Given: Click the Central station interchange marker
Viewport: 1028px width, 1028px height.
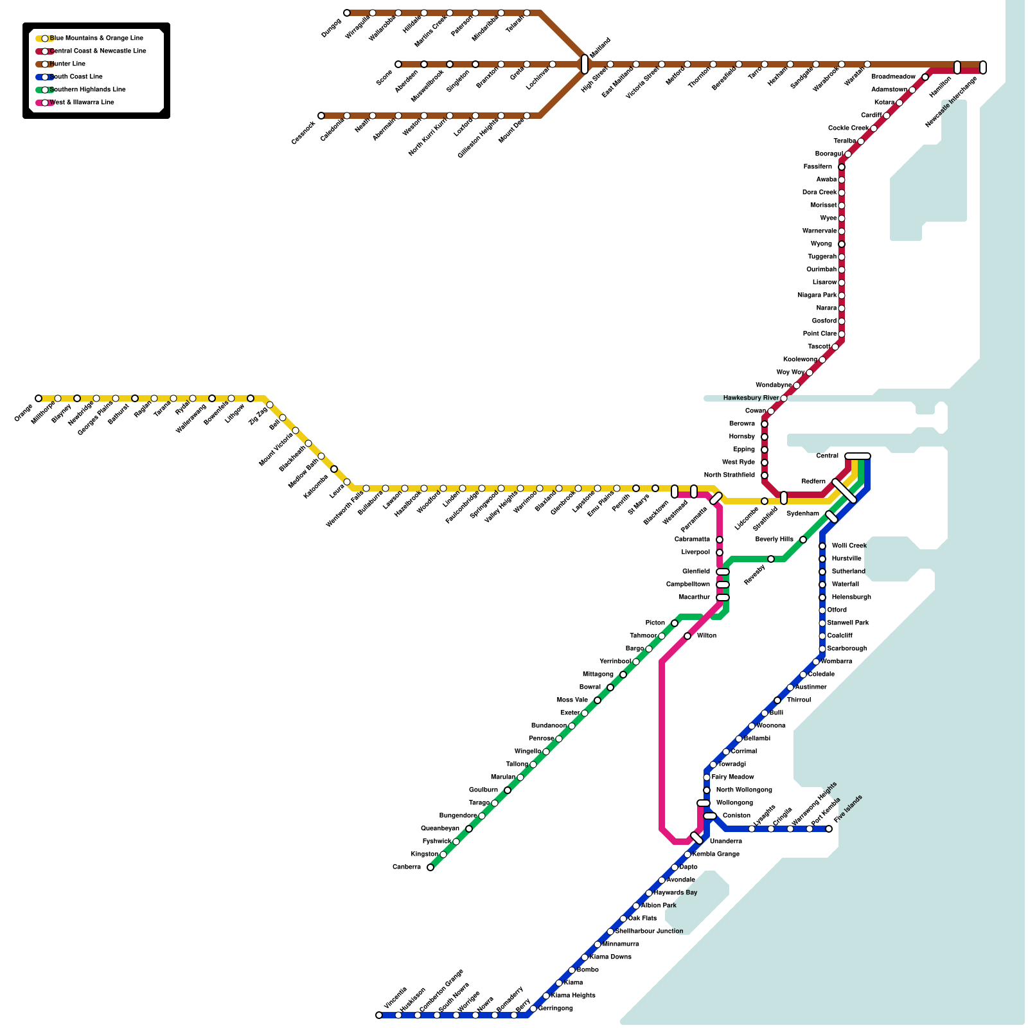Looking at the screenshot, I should tap(857, 456).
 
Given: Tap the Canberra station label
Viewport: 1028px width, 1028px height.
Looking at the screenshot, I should tap(406, 867).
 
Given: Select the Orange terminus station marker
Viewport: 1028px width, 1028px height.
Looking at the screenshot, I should tap(39, 398).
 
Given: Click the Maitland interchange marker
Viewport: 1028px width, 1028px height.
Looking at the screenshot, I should tap(584, 64).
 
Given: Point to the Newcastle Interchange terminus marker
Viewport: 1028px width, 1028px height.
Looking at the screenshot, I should tap(982, 67).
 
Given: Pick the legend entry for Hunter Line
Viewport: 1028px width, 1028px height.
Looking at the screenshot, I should tap(67, 64).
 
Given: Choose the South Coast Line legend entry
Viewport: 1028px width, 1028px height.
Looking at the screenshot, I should tap(75, 77).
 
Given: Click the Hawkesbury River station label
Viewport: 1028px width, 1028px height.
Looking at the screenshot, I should tap(750, 398).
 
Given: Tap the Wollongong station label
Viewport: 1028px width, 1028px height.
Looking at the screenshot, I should tap(734, 803).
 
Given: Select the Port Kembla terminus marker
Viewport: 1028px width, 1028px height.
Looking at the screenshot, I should tap(829, 829).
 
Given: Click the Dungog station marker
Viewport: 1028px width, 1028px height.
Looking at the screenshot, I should tap(347, 13).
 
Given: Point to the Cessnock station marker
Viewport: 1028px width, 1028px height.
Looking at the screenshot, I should tap(321, 116).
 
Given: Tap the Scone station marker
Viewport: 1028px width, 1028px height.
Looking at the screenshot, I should tap(398, 64).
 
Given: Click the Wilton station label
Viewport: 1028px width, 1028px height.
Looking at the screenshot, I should tap(706, 636).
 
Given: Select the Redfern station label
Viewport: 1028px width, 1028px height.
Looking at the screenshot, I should tap(813, 482).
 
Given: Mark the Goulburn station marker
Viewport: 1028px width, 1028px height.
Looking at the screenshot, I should tap(508, 790).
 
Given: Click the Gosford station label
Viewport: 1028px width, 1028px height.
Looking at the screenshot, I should tap(824, 321).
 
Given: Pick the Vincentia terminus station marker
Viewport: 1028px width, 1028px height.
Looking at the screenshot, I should tap(379, 1015).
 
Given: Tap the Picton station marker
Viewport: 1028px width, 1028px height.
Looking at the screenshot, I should tap(675, 623).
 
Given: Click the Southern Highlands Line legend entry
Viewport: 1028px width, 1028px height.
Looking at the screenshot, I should tap(87, 90).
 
